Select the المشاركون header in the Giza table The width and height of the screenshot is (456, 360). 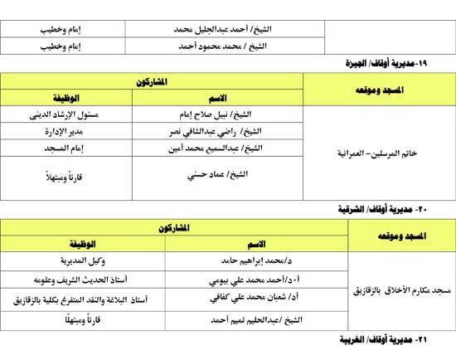point(152,82)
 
